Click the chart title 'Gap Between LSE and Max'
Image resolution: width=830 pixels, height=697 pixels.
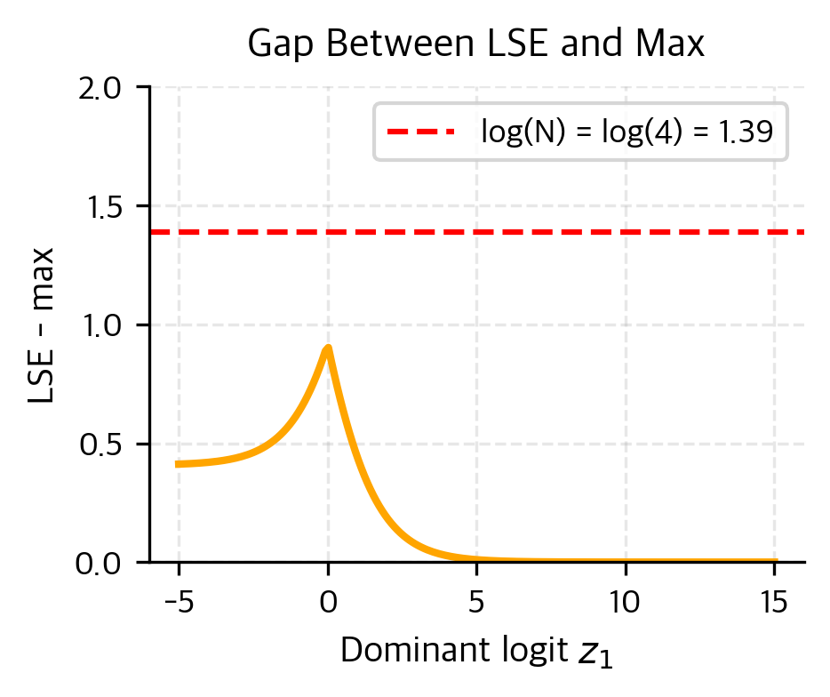[x=476, y=44]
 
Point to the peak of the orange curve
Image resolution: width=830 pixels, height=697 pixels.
[x=328, y=348]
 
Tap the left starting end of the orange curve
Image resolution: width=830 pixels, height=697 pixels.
[x=178, y=464]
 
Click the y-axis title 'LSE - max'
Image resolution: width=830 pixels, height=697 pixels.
[x=43, y=325]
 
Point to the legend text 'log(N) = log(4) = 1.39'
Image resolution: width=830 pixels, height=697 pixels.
[x=626, y=132]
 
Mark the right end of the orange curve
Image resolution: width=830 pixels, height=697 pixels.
[x=775, y=561]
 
